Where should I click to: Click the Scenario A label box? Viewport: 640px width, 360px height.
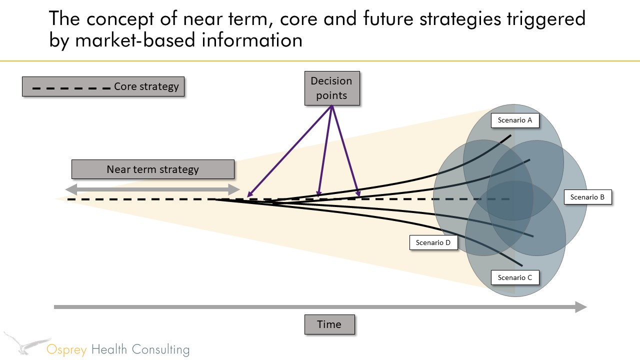(x=515, y=120)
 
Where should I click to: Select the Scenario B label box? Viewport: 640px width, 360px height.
(x=587, y=197)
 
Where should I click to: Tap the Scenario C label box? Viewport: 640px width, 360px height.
(x=515, y=277)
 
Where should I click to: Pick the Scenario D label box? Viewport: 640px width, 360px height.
(x=433, y=242)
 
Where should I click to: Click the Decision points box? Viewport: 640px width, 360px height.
(x=332, y=88)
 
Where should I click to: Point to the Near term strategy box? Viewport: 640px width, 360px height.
(x=153, y=169)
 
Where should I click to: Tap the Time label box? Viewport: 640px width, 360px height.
(x=329, y=324)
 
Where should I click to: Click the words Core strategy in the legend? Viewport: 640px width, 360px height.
(x=146, y=86)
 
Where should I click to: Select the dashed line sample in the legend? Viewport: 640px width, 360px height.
(x=71, y=88)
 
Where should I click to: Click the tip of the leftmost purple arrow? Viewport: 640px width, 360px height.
(x=247, y=197)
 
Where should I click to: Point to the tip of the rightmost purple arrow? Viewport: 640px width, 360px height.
(x=359, y=196)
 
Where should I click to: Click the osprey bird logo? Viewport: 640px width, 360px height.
(x=27, y=343)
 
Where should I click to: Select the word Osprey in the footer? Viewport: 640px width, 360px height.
(x=66, y=350)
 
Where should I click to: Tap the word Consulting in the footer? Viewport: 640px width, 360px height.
(x=160, y=350)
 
